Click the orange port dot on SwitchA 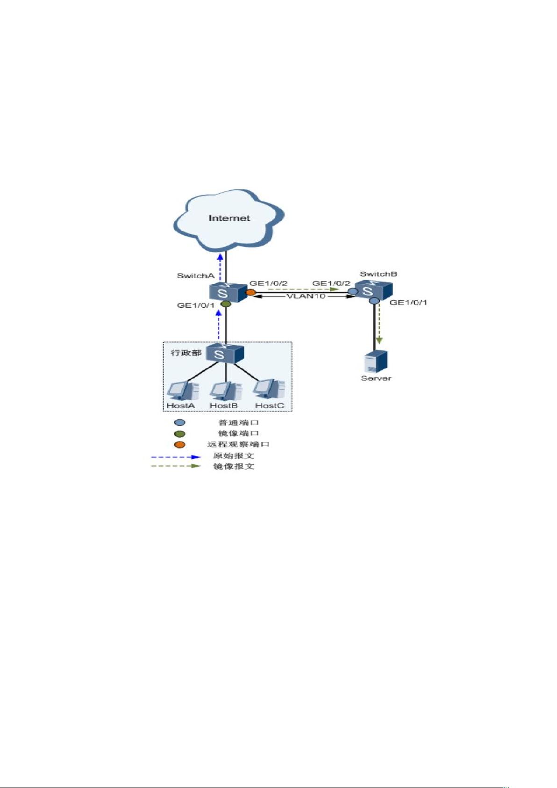pyautogui.click(x=250, y=292)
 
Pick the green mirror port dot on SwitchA pyautogui.click(x=226, y=304)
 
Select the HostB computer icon pyautogui.click(x=226, y=390)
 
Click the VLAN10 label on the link pyautogui.click(x=306, y=296)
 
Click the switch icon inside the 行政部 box pyautogui.click(x=225, y=353)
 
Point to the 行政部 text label pyautogui.click(x=186, y=353)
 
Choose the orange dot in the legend pyautogui.click(x=180, y=445)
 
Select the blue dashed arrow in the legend pyautogui.click(x=176, y=457)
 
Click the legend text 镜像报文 pyautogui.click(x=234, y=466)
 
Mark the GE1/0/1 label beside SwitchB pyautogui.click(x=409, y=302)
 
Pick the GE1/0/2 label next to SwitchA pyautogui.click(x=269, y=283)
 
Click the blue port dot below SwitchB pyautogui.click(x=375, y=301)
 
